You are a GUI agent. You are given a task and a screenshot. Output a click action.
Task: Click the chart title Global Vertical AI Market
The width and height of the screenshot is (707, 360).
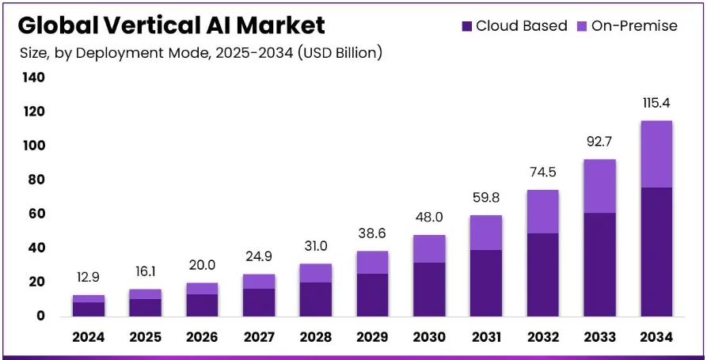click(x=171, y=25)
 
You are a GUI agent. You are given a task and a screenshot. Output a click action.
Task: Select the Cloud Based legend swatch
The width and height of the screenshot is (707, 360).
click(x=467, y=26)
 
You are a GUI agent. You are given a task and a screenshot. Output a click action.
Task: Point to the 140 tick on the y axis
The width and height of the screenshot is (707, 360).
click(x=34, y=78)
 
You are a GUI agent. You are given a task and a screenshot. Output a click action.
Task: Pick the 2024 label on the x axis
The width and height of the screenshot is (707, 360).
click(x=89, y=337)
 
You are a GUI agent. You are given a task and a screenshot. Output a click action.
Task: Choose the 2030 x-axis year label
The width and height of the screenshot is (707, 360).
click(x=429, y=337)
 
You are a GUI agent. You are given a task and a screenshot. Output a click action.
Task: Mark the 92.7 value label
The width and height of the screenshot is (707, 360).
click(x=600, y=142)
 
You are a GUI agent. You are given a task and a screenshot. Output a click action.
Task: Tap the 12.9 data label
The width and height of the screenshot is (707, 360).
click(x=89, y=278)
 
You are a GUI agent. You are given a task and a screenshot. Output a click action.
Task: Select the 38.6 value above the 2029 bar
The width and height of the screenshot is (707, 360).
click(x=372, y=234)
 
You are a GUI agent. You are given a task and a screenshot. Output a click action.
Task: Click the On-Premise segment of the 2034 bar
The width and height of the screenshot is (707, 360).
click(x=656, y=154)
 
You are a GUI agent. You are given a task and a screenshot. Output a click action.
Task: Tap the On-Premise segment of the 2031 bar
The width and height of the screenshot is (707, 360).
click(x=486, y=233)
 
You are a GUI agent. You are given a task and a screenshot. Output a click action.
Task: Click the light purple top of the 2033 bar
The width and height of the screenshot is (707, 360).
click(x=600, y=186)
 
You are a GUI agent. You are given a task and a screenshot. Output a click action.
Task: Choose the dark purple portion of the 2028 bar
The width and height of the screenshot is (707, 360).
click(x=316, y=298)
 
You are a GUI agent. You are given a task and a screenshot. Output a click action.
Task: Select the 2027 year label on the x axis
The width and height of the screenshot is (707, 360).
click(x=259, y=337)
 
